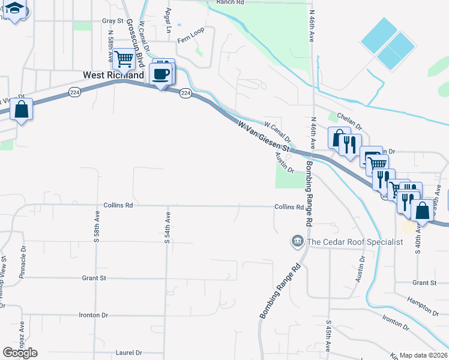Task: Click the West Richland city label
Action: tap(113, 76)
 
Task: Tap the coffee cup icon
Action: tap(161, 74)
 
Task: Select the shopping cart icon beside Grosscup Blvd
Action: tap(124, 59)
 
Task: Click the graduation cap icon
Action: tap(16, 10)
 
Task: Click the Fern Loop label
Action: tap(191, 40)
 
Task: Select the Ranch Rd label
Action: tap(230, 2)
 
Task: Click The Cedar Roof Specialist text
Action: tap(355, 242)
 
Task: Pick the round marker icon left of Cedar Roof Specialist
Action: tap(297, 242)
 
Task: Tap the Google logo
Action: tap(20, 352)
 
